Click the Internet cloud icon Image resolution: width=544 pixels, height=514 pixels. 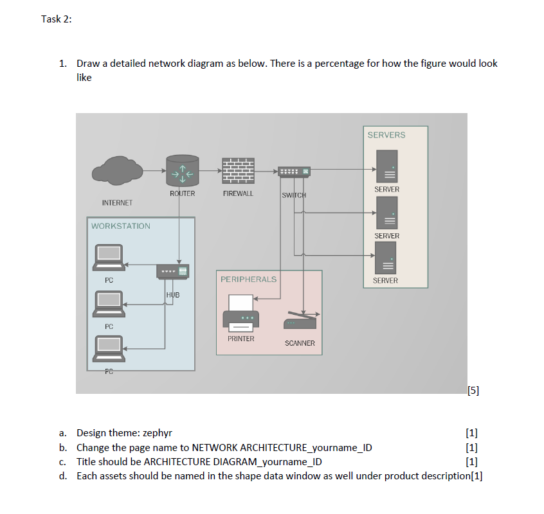(117, 170)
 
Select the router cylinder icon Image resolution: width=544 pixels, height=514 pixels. (183, 170)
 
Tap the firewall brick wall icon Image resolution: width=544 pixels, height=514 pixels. (238, 171)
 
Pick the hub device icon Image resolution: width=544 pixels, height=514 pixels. (173, 271)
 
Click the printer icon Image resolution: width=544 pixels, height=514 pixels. (240, 313)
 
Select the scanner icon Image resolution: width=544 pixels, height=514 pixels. (301, 320)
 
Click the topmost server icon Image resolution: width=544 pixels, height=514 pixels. (387, 166)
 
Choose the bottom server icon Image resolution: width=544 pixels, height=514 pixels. (385, 258)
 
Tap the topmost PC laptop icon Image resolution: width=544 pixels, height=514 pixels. (109, 258)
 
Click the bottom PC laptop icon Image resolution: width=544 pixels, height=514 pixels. (109, 349)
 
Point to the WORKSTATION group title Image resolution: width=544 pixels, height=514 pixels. (121, 226)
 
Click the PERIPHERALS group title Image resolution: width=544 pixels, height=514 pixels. (249, 279)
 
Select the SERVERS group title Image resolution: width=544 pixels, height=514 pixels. (386, 135)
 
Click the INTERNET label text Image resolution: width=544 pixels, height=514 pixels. (117, 203)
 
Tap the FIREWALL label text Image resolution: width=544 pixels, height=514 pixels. (238, 193)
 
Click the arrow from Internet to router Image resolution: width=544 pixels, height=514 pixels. (155, 170)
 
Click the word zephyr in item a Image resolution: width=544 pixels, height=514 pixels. (158, 433)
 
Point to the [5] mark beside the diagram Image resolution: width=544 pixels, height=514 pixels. (473, 391)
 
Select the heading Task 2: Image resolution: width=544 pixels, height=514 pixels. (57, 19)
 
